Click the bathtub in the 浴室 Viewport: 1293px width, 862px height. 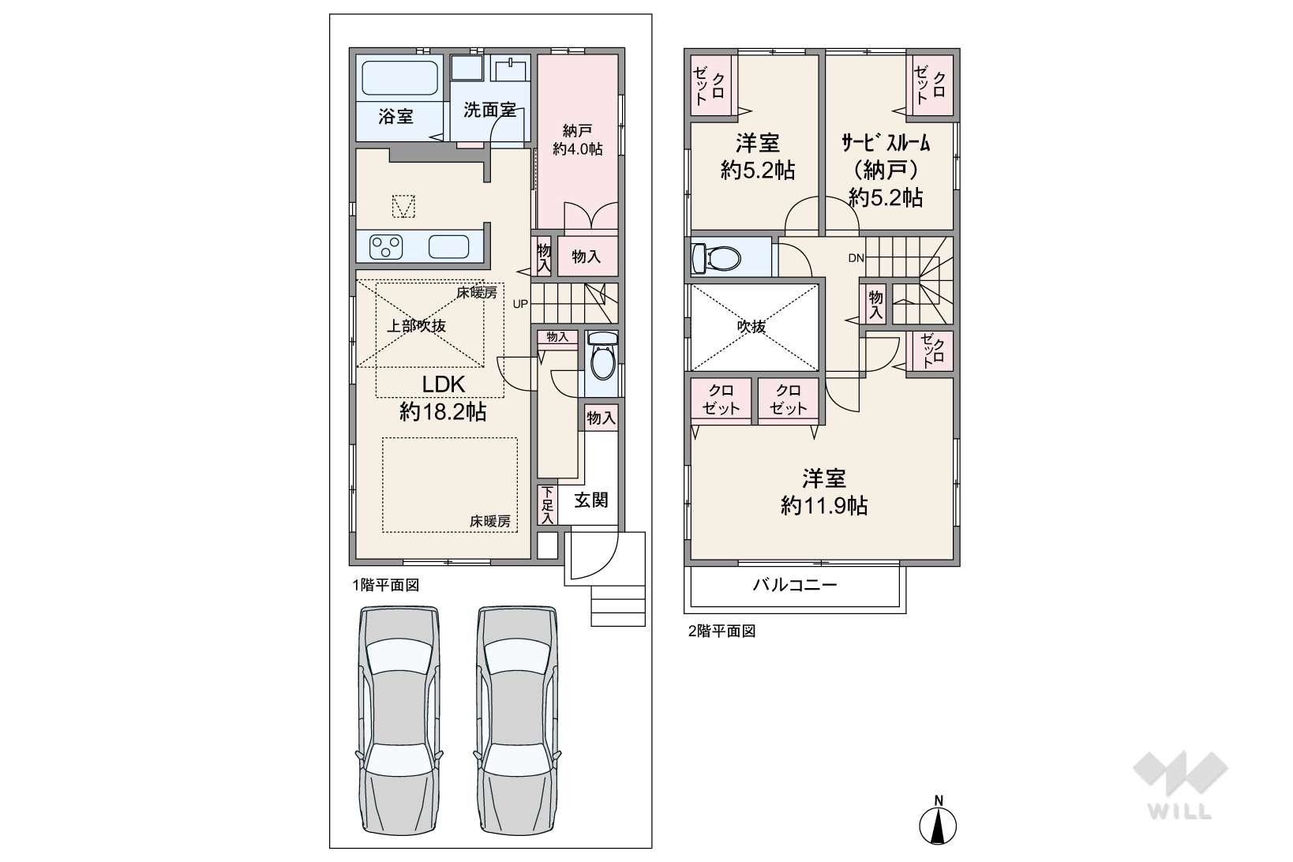pos(399,78)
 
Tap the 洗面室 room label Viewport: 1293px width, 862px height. pos(489,110)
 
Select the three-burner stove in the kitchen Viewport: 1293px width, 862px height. pos(386,247)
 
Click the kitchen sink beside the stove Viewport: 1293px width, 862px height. pos(448,247)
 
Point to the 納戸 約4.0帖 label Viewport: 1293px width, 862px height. pos(577,140)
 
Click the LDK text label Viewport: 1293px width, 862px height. pos(444,384)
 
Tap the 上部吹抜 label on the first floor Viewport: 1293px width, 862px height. pos(415,326)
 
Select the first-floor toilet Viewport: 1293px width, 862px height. pos(603,356)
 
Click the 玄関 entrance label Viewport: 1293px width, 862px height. pos(591,500)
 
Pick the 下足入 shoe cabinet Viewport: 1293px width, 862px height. pos(547,504)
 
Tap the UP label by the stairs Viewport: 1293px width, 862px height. pos(520,304)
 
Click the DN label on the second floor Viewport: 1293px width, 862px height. pos(856,258)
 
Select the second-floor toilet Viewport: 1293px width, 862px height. pos(716,257)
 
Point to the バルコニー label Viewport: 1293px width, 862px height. pos(795,586)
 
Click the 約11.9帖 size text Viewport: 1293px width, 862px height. pos(824,506)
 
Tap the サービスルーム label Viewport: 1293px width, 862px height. pos(886,142)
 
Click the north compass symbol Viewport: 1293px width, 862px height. pos(938,821)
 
